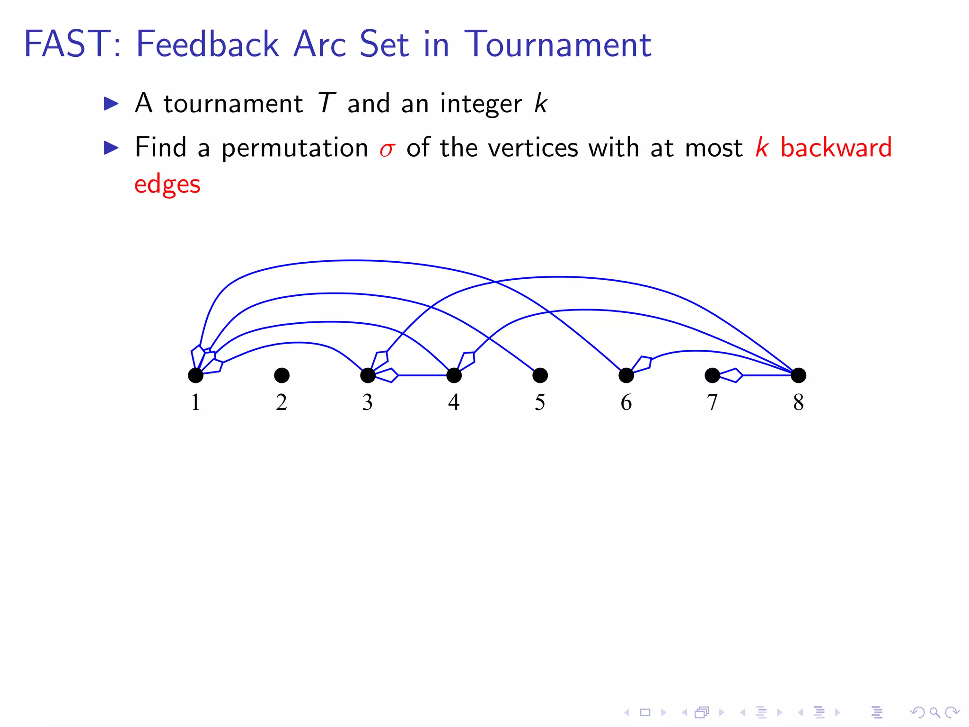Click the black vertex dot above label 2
coord(282,375)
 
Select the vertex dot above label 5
coord(540,375)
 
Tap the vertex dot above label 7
coord(712,375)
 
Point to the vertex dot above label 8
coord(798,375)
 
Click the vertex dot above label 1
coord(195,375)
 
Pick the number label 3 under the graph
coord(368,402)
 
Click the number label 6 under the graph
coord(626,402)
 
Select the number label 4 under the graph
coord(454,402)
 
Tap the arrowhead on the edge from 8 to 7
coord(731,375)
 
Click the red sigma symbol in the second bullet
coord(387,150)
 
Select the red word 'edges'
coord(167,185)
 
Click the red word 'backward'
coord(836,147)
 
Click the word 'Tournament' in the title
coord(557,44)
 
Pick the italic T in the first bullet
coord(326,103)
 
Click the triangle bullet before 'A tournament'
coord(111,104)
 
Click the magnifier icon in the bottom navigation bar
coord(934,712)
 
